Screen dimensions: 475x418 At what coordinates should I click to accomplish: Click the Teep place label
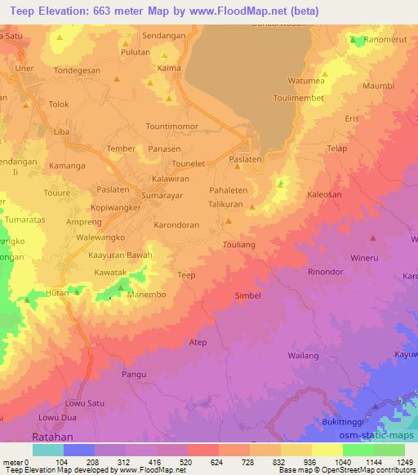[x=187, y=276]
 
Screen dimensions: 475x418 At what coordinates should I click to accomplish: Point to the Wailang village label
[x=303, y=356]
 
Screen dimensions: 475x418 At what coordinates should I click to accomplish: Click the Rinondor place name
[x=324, y=272]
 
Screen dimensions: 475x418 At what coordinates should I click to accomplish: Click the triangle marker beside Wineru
[x=373, y=238]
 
